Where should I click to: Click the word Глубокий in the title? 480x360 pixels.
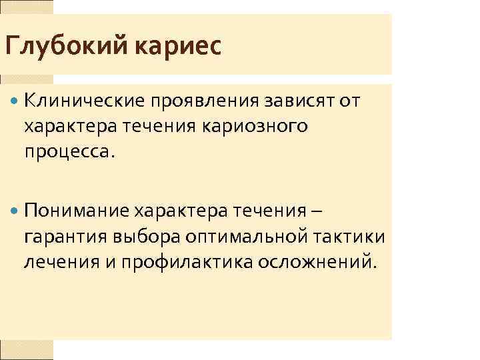tap(68, 48)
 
